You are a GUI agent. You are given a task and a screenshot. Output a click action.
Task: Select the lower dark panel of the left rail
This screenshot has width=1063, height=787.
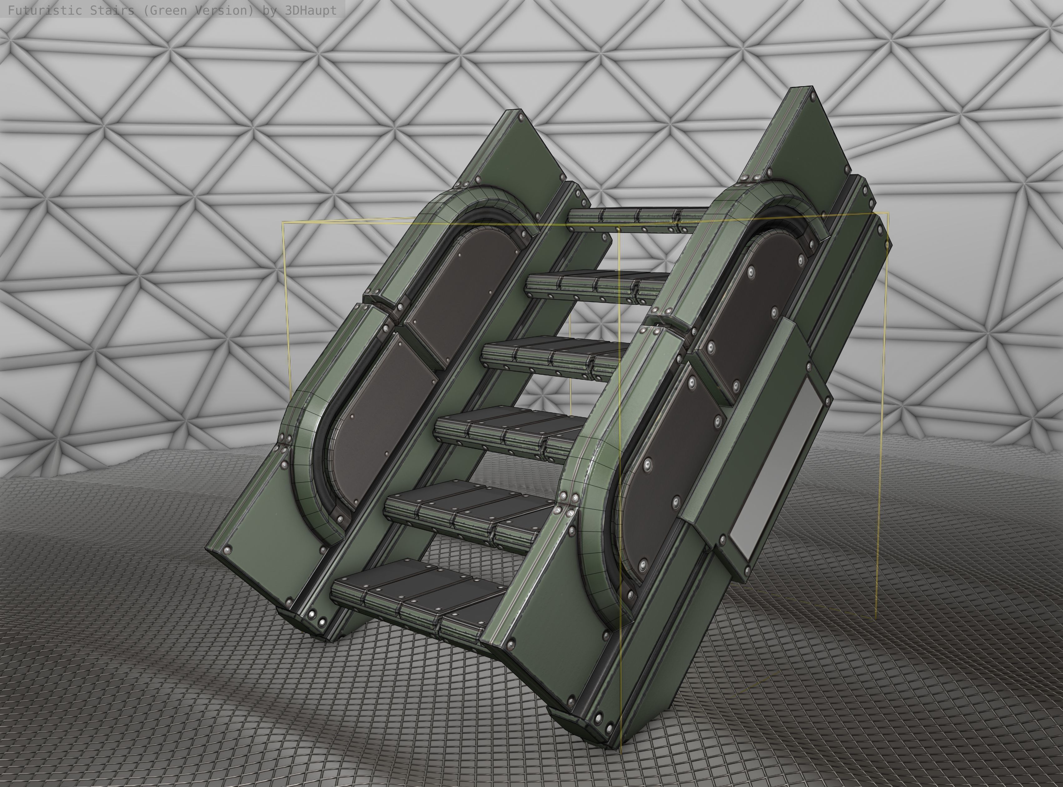(x=381, y=410)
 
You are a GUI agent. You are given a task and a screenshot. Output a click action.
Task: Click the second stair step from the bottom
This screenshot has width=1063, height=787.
(x=467, y=514)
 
